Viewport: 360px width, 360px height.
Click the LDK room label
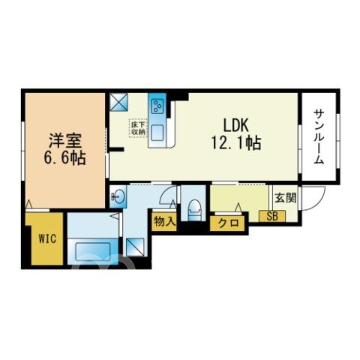point(235,125)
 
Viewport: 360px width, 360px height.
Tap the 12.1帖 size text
point(236,142)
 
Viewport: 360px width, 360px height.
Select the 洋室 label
point(65,141)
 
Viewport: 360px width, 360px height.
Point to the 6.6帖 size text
point(65,157)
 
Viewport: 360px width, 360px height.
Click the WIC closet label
point(47,239)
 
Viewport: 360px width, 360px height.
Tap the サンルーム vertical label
point(319,136)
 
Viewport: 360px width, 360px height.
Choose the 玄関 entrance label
point(286,198)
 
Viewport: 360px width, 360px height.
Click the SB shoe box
point(272,216)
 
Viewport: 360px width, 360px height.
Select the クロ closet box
point(228,223)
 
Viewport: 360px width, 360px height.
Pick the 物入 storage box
point(164,221)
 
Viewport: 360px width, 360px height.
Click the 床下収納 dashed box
point(138,128)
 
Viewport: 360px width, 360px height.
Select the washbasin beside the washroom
point(118,196)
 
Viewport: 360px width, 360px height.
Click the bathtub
point(93,252)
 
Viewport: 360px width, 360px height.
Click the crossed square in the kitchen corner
point(119,102)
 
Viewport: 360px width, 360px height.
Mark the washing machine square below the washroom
point(135,247)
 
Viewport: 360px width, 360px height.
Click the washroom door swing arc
point(165,193)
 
